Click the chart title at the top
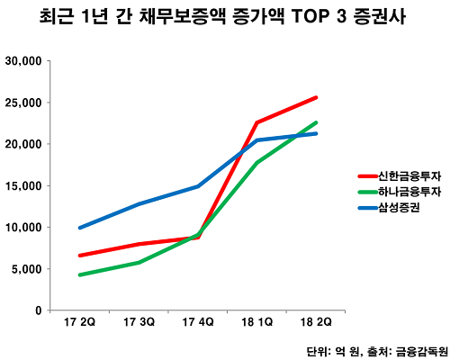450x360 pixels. [224, 17]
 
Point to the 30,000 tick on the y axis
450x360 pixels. [25, 61]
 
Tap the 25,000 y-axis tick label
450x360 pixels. [25, 103]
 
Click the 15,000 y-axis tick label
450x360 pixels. [25, 186]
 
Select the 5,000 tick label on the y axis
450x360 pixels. [28, 269]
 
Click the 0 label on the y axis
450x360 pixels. [37, 310]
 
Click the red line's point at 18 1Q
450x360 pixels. [256, 122]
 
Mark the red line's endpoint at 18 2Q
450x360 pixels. [316, 97]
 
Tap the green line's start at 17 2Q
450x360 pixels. [81, 274]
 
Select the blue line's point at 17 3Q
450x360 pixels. [139, 203]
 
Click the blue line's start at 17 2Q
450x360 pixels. [81, 228]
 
